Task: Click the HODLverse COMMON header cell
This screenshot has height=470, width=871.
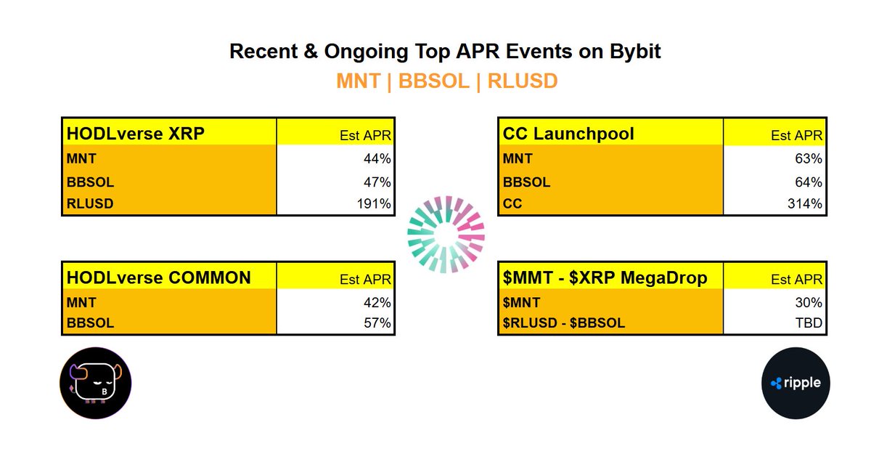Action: (158, 277)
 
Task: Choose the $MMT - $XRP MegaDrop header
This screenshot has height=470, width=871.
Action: (604, 277)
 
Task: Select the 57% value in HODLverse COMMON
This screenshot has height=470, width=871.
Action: (378, 323)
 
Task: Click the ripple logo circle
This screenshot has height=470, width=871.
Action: (796, 382)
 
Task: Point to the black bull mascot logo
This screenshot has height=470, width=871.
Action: (95, 382)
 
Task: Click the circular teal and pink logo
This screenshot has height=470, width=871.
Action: (446, 234)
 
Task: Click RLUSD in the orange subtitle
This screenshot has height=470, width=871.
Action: (523, 81)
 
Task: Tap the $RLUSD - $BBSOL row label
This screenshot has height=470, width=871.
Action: (563, 323)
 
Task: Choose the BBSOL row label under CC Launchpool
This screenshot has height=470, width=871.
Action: (526, 182)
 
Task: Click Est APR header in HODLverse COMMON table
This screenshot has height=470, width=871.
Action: (366, 279)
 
